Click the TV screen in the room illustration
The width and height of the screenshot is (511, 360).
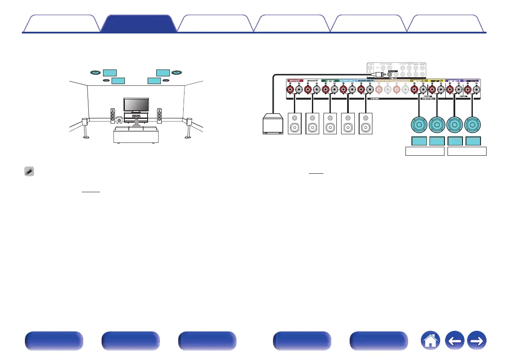tap(136, 104)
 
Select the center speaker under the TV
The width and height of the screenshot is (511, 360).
tap(136, 116)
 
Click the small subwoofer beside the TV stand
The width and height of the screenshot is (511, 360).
tap(119, 121)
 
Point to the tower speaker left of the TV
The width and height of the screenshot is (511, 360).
tap(113, 116)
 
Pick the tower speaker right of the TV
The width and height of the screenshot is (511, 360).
tap(160, 116)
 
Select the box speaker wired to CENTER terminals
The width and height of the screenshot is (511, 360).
tap(330, 124)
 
